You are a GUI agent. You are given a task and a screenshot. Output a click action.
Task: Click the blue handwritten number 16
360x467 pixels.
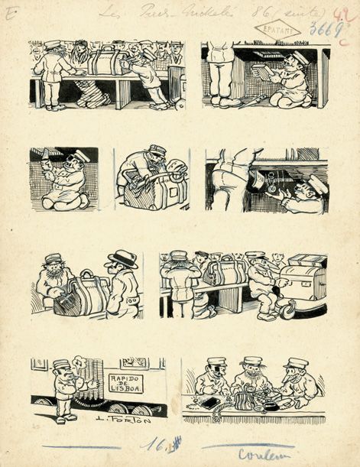161,443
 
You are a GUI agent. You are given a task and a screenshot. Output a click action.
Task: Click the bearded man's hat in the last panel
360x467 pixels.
252,360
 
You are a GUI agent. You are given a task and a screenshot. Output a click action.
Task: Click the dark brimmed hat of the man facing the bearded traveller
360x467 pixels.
122,258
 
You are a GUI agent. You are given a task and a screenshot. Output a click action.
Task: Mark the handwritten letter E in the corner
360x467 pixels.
8,14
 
